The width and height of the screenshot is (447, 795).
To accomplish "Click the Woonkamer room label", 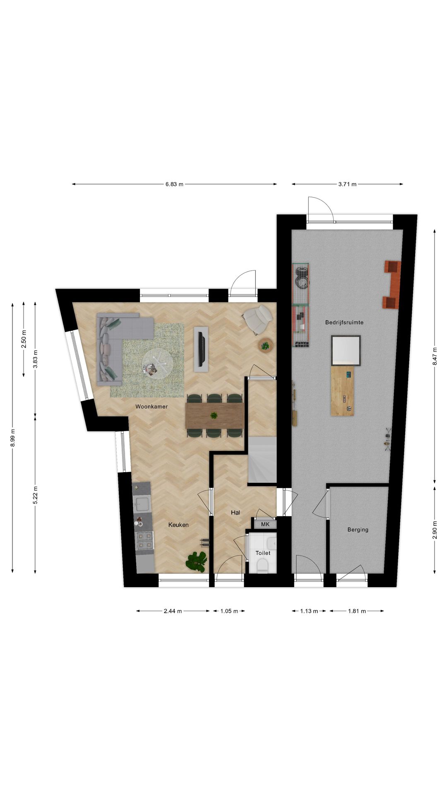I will click(151, 407).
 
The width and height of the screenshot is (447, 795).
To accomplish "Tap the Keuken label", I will click(178, 525).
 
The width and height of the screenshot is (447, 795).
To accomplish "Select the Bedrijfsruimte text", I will click(344, 322).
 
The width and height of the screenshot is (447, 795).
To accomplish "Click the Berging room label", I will click(358, 529).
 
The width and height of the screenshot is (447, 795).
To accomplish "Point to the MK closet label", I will click(265, 524).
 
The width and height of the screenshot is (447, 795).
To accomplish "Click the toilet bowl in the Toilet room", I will click(262, 565).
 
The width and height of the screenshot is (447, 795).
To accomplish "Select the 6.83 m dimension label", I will click(174, 184).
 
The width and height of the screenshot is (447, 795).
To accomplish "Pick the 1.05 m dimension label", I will click(229, 611).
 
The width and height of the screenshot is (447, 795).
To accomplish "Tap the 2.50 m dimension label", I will click(24, 339).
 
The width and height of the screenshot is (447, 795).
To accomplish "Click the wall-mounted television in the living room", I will click(201, 349).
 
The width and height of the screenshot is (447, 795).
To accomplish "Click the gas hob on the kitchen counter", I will click(145, 541).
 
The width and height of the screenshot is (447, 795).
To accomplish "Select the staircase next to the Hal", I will click(262, 460).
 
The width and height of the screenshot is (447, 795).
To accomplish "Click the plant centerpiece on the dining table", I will click(214, 415).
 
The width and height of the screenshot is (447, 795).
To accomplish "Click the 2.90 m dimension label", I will click(435, 530).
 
